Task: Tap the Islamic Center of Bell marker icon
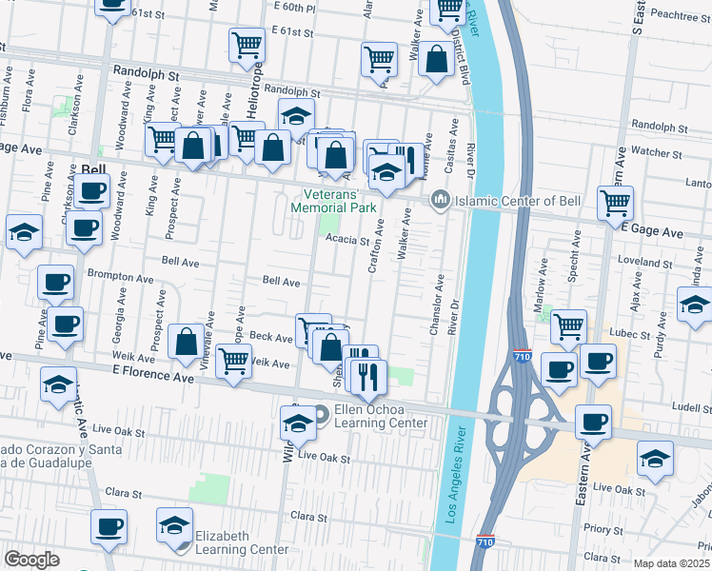click(439, 200)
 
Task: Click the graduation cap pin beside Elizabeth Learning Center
click(174, 526)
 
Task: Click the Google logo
click(31, 560)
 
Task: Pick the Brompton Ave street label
click(120, 279)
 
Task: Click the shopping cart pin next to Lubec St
click(568, 326)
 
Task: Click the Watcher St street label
click(652, 151)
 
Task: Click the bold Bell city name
click(94, 169)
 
